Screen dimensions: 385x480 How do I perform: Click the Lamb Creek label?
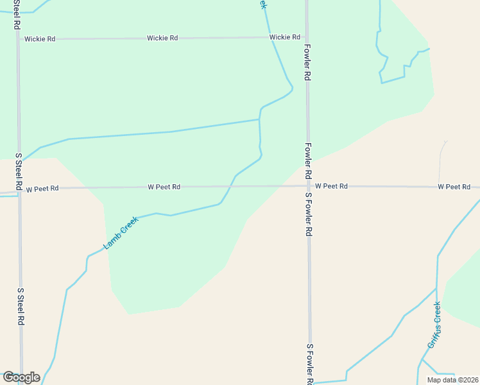[121, 233]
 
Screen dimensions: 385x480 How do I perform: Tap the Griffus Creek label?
[434, 325]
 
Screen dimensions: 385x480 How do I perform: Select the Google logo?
[21, 377]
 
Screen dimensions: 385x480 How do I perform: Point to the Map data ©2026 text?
[452, 380]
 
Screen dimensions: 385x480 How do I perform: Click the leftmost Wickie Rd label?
[40, 39]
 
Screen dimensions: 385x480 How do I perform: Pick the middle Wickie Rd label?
[162, 38]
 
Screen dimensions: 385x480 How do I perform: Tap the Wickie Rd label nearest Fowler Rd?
[285, 37]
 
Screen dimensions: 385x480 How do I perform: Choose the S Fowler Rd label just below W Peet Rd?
[309, 214]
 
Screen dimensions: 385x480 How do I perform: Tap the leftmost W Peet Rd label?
[42, 188]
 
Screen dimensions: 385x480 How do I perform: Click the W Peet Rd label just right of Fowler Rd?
[331, 186]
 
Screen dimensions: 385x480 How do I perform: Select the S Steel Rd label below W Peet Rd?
[21, 305]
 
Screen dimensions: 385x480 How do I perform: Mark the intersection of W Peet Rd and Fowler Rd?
[308, 187]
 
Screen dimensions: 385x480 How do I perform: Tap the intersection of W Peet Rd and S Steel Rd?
[19, 189]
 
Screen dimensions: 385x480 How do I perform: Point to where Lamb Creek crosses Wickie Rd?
[269, 37]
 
